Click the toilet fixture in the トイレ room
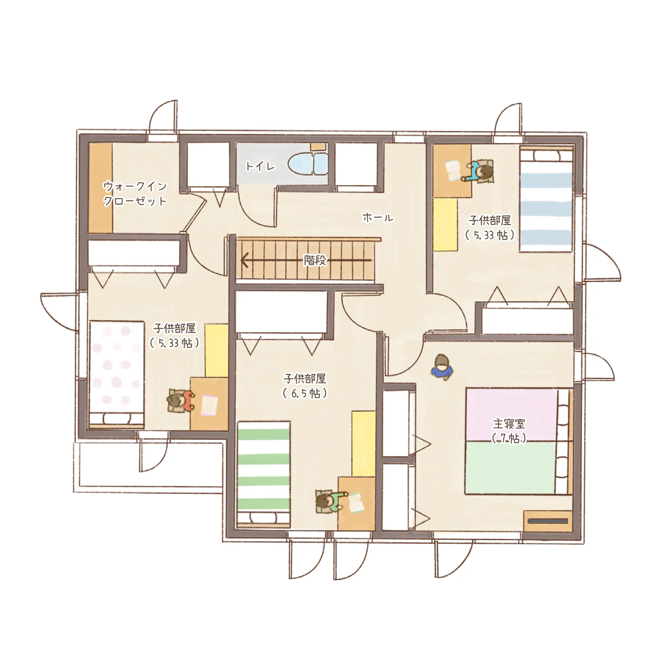coord(308,165)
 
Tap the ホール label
coord(378,218)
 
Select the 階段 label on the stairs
coord(315,260)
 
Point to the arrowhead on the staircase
coord(244,260)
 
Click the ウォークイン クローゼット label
coord(135,194)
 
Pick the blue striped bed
coord(546,199)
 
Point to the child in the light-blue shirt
coord(479,172)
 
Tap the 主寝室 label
coord(509,423)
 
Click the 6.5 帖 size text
coord(305,394)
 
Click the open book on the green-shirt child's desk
coord(355,502)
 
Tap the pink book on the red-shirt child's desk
coord(210,405)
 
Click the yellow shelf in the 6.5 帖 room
coord(364,443)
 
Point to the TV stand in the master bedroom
coord(548,521)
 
